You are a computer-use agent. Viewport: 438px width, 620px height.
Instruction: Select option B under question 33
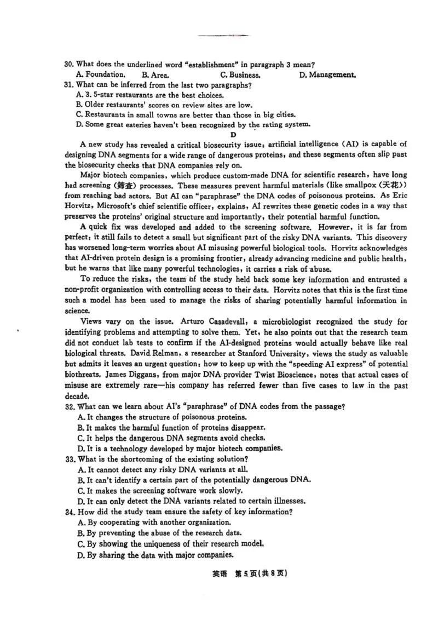click(x=194, y=480)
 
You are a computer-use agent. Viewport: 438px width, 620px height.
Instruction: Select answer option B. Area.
click(x=155, y=75)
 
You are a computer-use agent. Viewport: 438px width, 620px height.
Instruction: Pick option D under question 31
click(x=194, y=125)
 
